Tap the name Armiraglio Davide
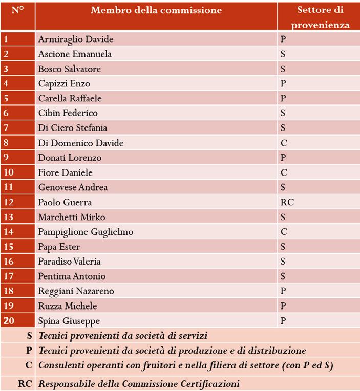(x=76, y=39)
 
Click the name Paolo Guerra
(x=65, y=202)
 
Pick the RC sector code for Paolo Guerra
(x=287, y=202)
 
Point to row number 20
(x=8, y=321)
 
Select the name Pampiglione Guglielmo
(x=86, y=232)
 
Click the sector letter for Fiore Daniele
(x=284, y=172)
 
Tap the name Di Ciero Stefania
(x=73, y=128)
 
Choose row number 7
(x=6, y=128)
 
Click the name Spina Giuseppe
(x=69, y=321)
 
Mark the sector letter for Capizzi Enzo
(x=283, y=83)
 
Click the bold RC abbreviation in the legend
(x=25, y=384)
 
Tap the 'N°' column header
(x=17, y=10)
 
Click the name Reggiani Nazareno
(x=76, y=291)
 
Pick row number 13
(x=8, y=217)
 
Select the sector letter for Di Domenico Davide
(x=284, y=143)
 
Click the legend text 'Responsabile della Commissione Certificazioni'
(x=139, y=384)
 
